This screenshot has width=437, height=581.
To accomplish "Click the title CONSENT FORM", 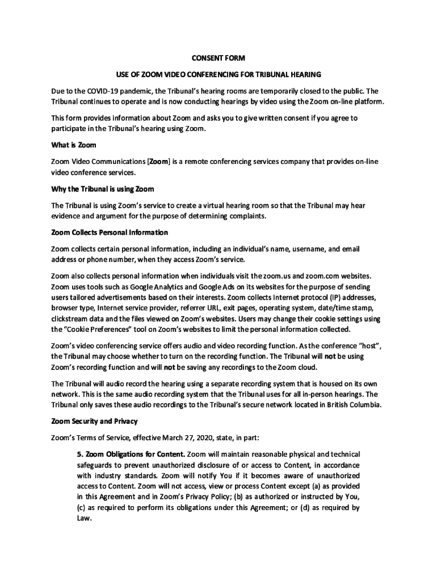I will click(x=218, y=58).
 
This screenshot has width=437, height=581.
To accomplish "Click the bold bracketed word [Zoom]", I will click(x=158, y=161).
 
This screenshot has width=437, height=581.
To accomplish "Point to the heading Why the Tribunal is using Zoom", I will click(x=102, y=188).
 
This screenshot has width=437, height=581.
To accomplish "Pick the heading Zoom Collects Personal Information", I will click(x=109, y=232).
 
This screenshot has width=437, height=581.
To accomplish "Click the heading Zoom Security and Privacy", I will click(x=94, y=422).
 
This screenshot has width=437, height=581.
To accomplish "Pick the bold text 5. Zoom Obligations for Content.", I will click(x=131, y=454).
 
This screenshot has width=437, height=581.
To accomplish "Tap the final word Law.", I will click(x=84, y=519).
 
